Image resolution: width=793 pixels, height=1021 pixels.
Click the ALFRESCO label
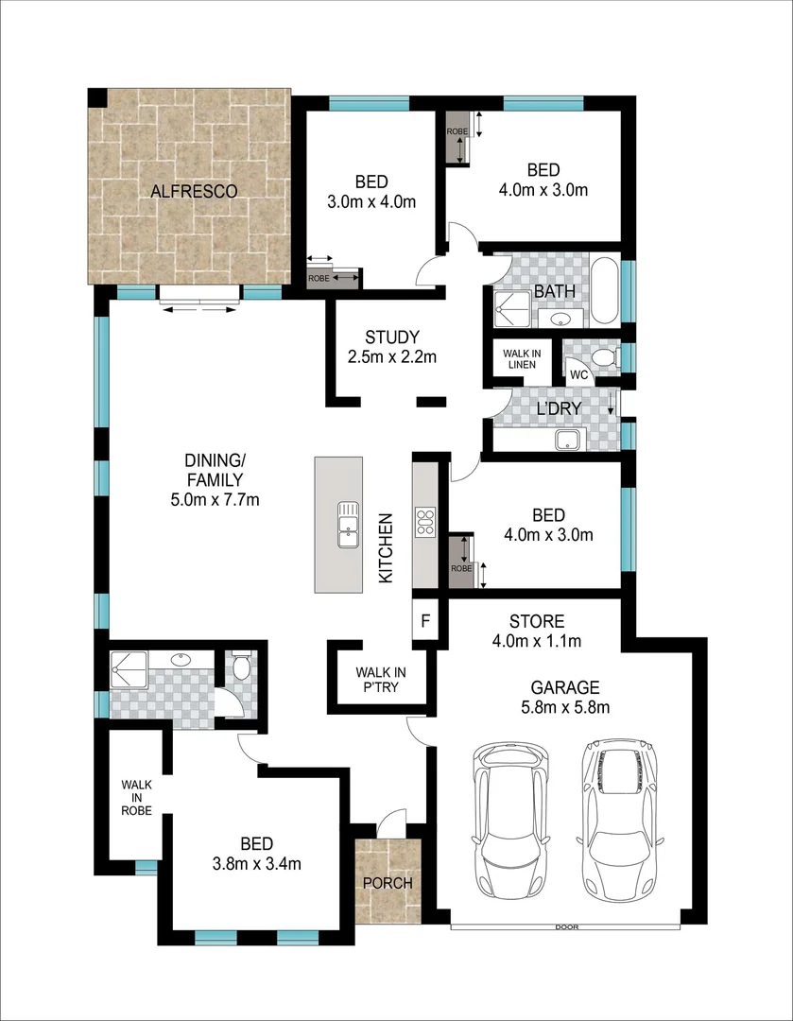click(194, 192)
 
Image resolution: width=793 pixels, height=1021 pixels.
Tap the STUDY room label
click(391, 337)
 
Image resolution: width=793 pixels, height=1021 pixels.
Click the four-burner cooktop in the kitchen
click(425, 523)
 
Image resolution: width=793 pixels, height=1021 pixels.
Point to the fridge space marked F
click(425, 622)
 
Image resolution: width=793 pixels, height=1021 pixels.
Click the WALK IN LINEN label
click(522, 359)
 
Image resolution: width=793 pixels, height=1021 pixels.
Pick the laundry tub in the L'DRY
click(568, 438)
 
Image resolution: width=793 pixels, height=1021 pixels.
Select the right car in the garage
click(620, 813)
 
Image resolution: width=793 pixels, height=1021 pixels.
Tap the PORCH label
click(388, 884)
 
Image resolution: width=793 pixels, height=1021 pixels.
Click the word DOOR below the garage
click(566, 927)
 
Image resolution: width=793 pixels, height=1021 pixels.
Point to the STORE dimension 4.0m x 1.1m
click(537, 642)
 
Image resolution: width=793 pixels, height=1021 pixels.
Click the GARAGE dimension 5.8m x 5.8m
click(563, 707)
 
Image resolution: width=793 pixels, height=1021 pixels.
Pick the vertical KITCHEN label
click(386, 548)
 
